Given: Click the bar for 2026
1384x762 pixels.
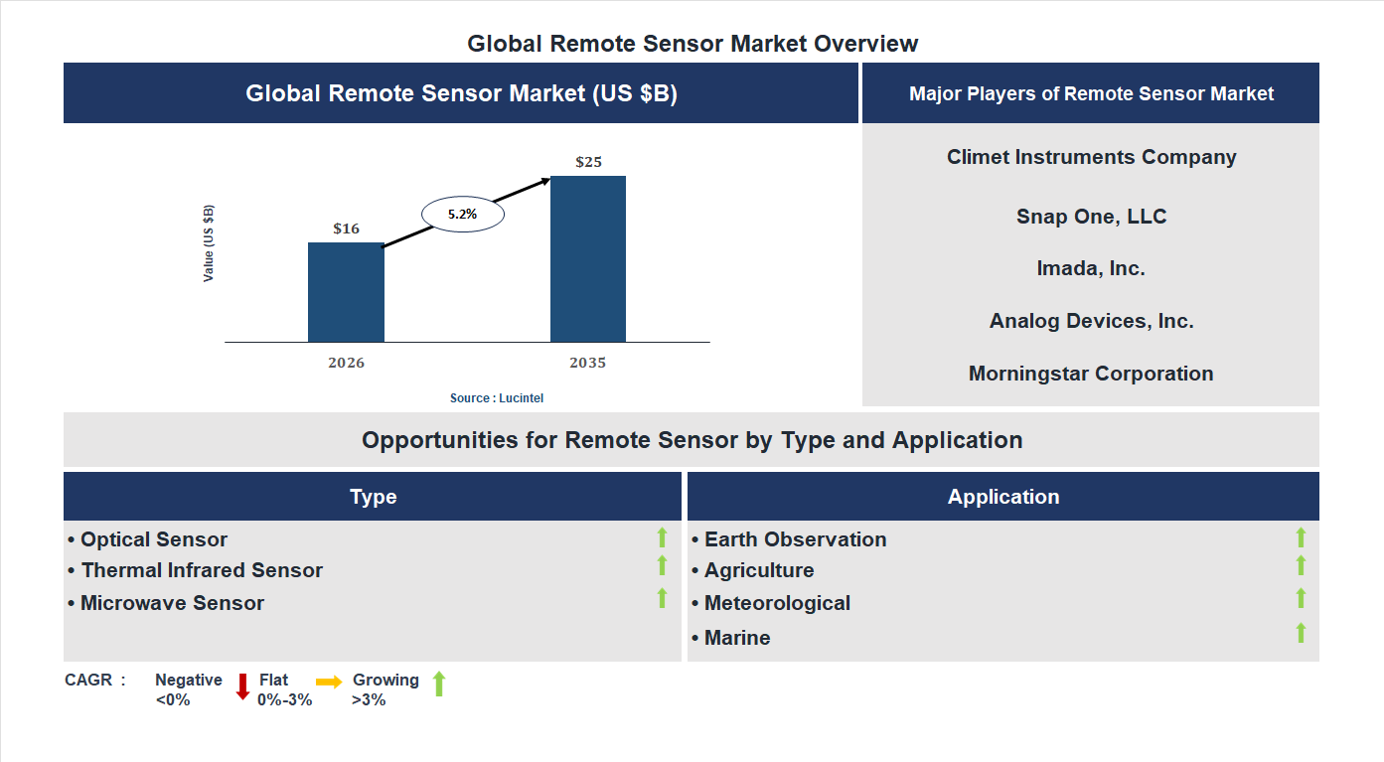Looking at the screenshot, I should [x=346, y=292].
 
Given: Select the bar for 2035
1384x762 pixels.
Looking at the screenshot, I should [x=588, y=259].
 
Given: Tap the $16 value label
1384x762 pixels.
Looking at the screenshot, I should [x=346, y=229].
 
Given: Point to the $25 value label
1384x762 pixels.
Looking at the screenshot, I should [x=588, y=162].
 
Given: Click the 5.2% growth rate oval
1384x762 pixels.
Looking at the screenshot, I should [x=463, y=214].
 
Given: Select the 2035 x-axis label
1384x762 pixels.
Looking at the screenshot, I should [x=587, y=363].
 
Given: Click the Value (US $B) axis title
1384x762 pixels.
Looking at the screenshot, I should [x=209, y=243].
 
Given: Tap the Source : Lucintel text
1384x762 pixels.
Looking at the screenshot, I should [x=497, y=398].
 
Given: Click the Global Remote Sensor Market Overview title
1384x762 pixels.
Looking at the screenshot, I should [x=692, y=44].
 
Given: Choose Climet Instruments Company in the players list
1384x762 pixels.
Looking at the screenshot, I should [x=1091, y=157].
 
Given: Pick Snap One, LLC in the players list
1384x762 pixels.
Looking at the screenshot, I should [x=1091, y=217].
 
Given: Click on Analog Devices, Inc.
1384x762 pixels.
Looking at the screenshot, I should [x=1091, y=321].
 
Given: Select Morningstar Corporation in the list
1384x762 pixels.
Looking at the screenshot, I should [x=1091, y=374].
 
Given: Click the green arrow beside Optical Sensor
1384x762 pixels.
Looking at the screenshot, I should [x=662, y=538].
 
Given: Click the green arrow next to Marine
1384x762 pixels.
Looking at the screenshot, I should [x=1301, y=633].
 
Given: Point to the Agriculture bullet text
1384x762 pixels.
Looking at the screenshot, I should [x=758, y=570].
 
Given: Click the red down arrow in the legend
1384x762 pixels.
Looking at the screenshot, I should [x=242, y=686].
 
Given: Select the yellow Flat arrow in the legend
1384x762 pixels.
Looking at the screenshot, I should [x=329, y=682].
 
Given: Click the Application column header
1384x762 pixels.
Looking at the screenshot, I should [x=1002, y=497].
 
